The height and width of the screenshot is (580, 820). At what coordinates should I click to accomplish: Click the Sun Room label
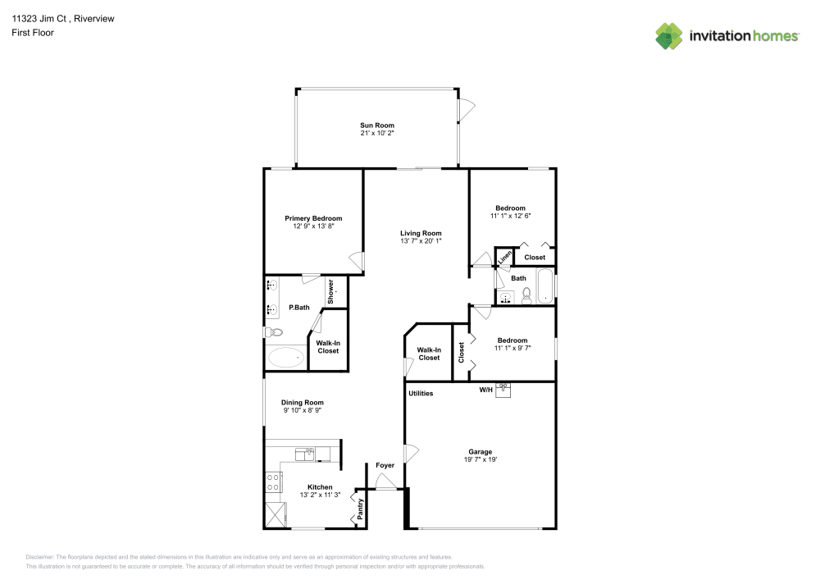point(377,126)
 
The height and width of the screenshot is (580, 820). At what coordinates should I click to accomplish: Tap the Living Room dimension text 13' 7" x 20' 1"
point(421,241)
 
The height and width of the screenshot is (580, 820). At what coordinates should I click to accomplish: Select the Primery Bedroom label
point(313,218)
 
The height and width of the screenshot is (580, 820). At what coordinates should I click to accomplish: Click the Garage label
point(480,452)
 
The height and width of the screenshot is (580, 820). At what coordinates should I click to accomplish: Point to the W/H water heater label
point(486,390)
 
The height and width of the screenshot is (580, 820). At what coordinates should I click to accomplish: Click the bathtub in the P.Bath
point(285,357)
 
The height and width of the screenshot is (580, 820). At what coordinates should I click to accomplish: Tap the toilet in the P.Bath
point(275,332)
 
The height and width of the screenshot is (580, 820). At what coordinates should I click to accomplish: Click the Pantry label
point(360,509)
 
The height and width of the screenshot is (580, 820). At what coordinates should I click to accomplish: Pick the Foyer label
point(385,466)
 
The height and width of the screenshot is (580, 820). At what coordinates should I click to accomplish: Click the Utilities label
point(421,394)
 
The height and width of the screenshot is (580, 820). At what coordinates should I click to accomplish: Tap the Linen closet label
point(504,257)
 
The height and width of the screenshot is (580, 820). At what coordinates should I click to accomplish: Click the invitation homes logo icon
point(669,35)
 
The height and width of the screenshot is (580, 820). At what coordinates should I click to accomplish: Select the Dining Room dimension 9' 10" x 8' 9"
point(303,411)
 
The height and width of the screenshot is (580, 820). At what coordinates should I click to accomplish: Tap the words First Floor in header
point(33,33)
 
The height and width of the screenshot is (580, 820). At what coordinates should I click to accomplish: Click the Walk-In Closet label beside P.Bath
point(328,347)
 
